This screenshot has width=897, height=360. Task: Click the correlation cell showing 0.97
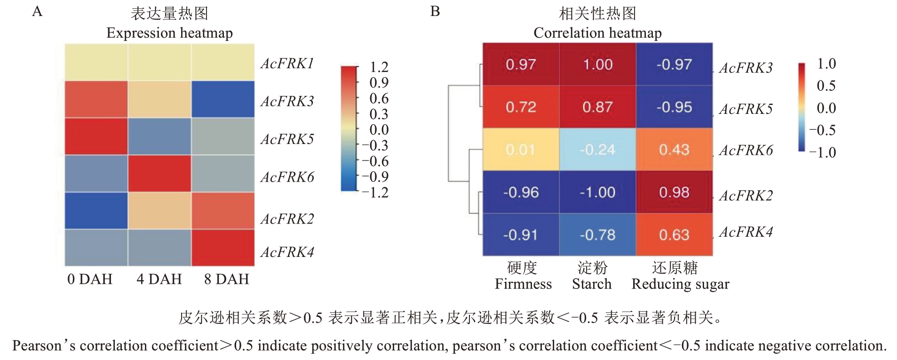click(x=521, y=64)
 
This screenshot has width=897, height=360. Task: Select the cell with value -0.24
click(x=597, y=150)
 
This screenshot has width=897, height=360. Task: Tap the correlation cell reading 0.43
click(x=674, y=150)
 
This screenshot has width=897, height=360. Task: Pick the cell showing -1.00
click(x=597, y=192)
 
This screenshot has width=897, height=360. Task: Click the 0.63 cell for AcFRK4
click(x=674, y=234)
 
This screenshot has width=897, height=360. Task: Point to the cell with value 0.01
click(x=521, y=150)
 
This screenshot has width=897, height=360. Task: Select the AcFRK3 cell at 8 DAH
click(x=223, y=99)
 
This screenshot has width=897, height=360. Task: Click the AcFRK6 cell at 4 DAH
click(x=159, y=174)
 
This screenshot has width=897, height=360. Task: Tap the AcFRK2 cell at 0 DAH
click(x=96, y=211)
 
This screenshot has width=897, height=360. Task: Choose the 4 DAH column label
click(x=159, y=279)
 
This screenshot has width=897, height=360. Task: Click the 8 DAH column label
click(x=226, y=279)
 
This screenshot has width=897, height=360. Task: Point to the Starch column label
click(x=592, y=284)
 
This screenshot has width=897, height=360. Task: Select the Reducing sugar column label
click(x=680, y=284)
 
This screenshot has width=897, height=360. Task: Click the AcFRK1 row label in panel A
click(x=287, y=64)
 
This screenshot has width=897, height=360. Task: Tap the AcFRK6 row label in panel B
click(x=746, y=150)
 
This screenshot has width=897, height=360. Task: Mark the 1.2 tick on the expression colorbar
click(x=379, y=67)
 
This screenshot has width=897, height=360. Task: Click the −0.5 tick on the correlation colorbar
click(x=822, y=130)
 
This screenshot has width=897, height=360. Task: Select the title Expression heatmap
click(x=169, y=33)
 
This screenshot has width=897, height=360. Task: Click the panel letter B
click(x=435, y=11)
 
